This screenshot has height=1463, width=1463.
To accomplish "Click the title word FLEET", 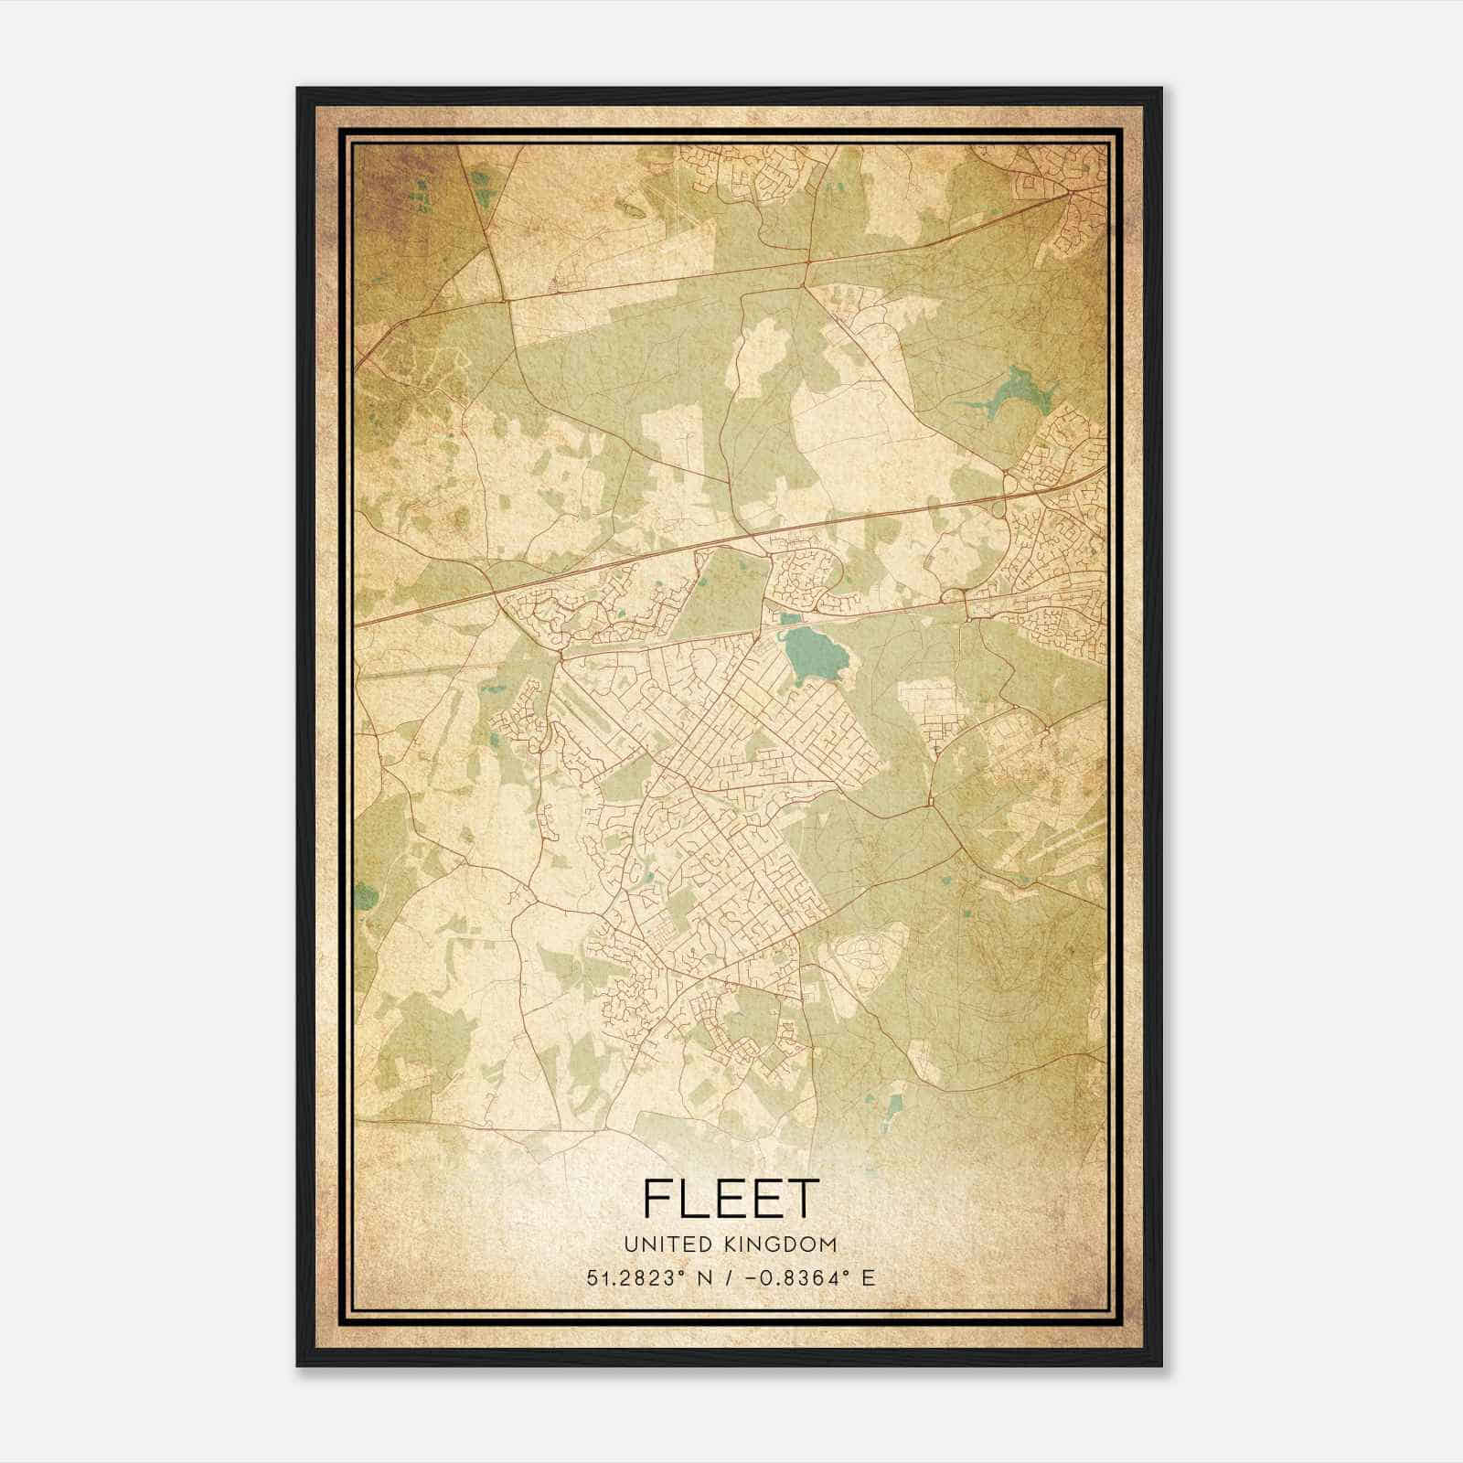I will tap(730, 1199).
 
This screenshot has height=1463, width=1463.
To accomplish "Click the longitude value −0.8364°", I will tap(794, 1277).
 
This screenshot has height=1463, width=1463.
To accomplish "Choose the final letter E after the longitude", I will tap(869, 1277).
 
